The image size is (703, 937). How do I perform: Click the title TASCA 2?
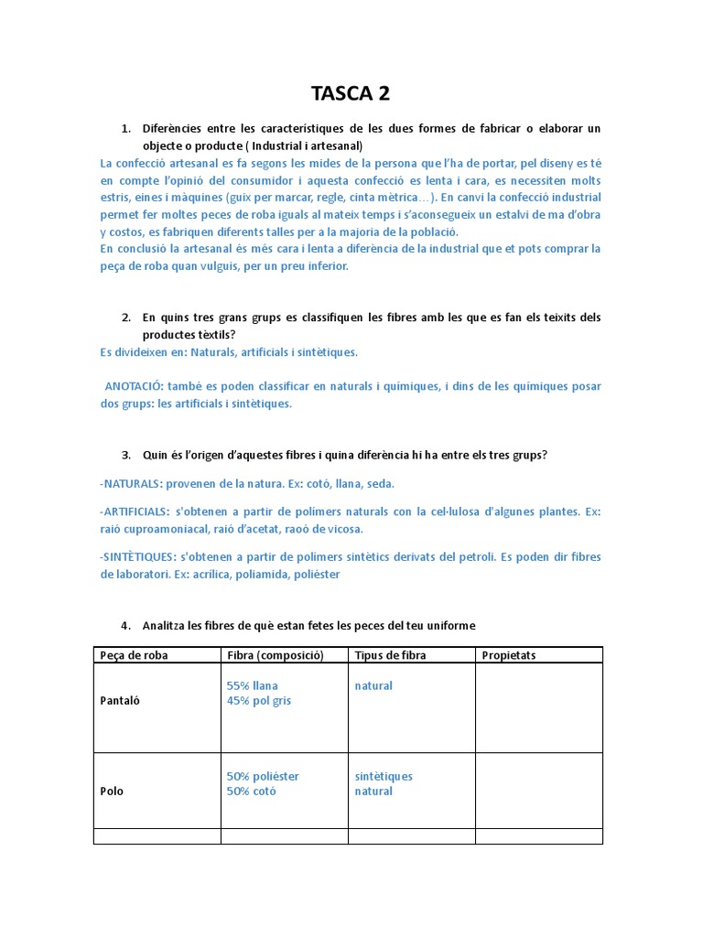click(351, 92)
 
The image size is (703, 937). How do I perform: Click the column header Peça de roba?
click(134, 655)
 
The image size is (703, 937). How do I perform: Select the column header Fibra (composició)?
click(271, 655)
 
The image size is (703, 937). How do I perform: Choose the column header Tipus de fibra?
click(390, 655)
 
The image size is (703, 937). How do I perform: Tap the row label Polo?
click(112, 791)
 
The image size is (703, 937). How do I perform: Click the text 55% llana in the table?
click(252, 685)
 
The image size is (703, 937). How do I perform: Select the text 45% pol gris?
click(259, 701)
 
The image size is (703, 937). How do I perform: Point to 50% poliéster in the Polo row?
click(263, 776)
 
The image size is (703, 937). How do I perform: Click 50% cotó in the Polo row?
click(251, 791)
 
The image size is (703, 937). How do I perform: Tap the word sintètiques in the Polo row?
click(384, 776)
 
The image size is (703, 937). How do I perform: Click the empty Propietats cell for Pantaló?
click(538, 707)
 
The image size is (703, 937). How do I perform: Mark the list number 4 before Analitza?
click(125, 626)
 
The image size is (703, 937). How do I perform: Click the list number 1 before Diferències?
click(125, 128)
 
